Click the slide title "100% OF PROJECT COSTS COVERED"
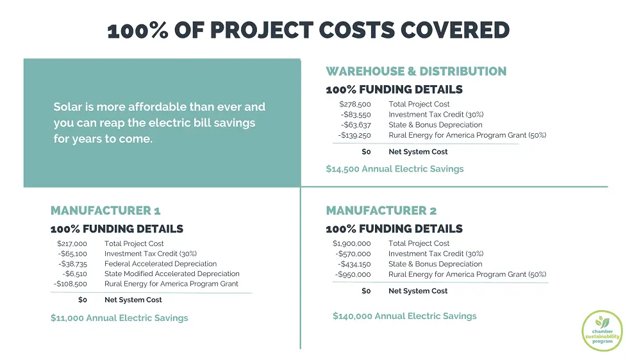click(x=308, y=30)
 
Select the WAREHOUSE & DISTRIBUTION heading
click(x=416, y=71)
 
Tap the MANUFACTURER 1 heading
click(x=105, y=210)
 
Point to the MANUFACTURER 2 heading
click(x=381, y=210)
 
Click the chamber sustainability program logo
click(x=602, y=331)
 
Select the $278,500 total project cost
click(x=355, y=104)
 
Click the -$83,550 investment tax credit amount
click(x=356, y=114)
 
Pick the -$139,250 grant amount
click(x=354, y=135)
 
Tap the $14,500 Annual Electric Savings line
click(x=394, y=168)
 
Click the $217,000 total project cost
click(x=72, y=243)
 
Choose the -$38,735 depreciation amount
click(x=72, y=263)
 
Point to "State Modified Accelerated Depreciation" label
click(x=172, y=274)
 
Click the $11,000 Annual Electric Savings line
click(x=119, y=318)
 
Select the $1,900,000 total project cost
click(x=352, y=243)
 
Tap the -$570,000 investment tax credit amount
click(x=353, y=254)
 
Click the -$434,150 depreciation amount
click(x=354, y=264)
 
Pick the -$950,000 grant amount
click(x=353, y=274)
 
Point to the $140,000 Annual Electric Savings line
click(x=404, y=316)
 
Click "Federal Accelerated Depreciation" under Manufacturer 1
click(x=160, y=263)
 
